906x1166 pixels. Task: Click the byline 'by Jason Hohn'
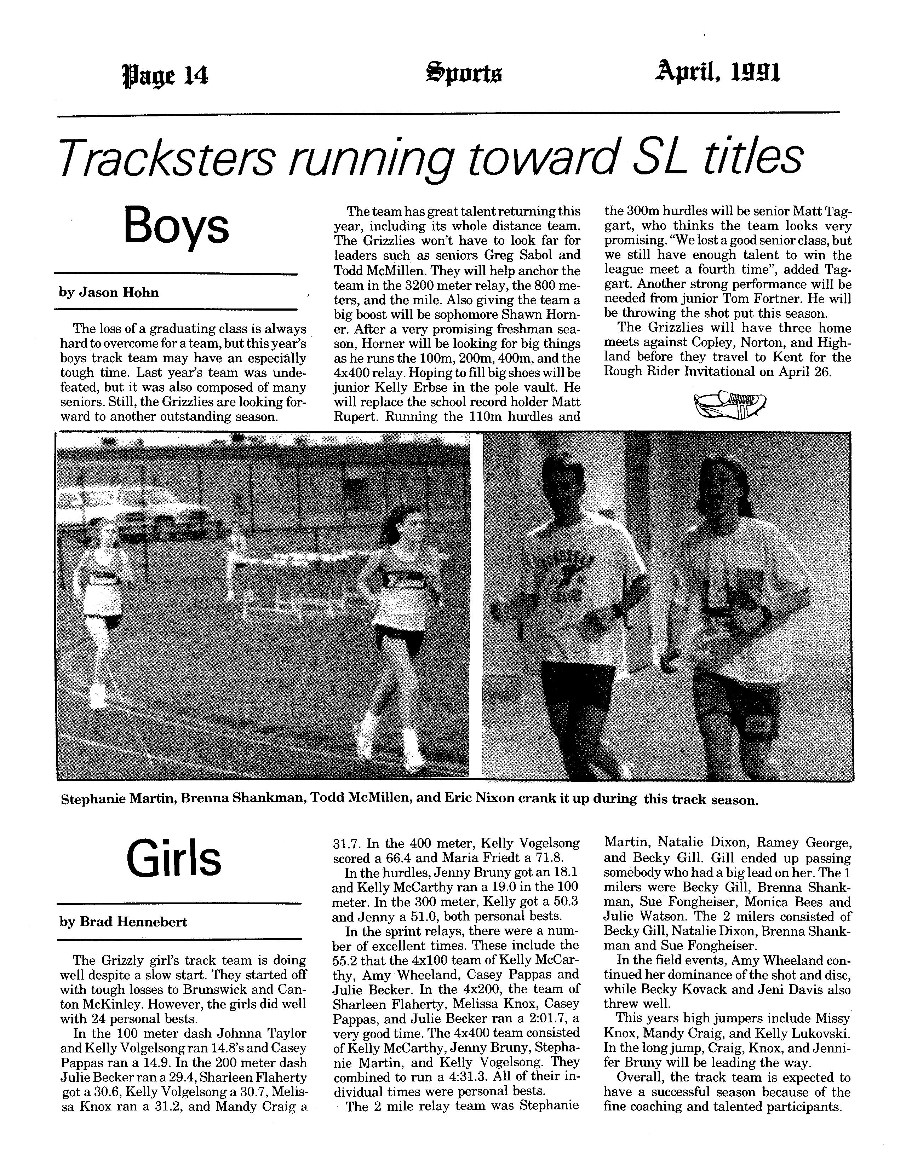pos(109,292)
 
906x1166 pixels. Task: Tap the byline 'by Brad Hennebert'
pos(123,922)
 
